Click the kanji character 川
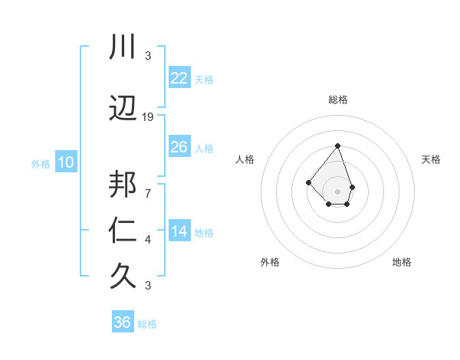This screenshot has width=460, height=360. click(x=123, y=47)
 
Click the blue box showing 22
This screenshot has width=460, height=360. click(x=179, y=77)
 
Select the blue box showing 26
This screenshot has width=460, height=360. click(x=179, y=146)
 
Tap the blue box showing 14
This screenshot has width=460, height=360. click(x=179, y=231)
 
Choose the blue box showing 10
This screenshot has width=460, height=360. click(x=66, y=162)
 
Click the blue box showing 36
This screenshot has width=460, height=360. click(x=123, y=322)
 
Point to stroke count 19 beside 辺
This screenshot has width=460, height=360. click(x=148, y=117)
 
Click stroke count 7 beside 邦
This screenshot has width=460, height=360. click(x=147, y=193)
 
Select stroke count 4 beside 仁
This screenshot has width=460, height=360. click(x=147, y=240)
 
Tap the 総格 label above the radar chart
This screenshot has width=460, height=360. click(x=337, y=100)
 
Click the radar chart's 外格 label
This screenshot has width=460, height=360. click(x=270, y=262)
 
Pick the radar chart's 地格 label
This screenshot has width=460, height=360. click(x=402, y=262)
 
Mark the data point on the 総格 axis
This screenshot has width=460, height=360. click(x=337, y=146)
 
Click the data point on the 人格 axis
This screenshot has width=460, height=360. click(x=307, y=182)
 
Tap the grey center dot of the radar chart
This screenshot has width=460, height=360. click(x=337, y=191)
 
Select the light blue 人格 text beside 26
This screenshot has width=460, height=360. click(x=204, y=148)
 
